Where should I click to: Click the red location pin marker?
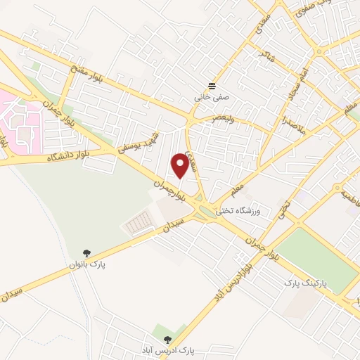(x=181, y=164)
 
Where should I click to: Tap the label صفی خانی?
(x=212, y=99)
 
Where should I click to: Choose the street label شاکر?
(x=263, y=53)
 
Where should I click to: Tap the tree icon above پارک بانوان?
(x=86, y=253)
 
